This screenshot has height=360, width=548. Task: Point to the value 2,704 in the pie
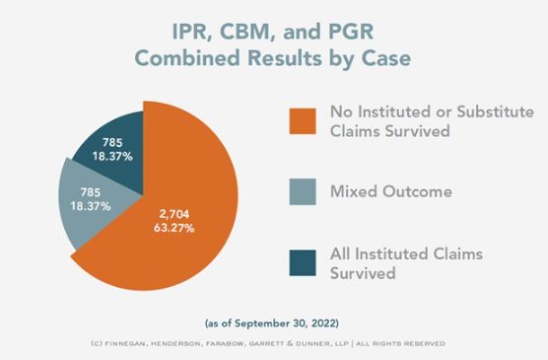174,214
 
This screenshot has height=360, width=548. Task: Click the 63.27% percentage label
174,228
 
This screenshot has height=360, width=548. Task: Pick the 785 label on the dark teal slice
112,142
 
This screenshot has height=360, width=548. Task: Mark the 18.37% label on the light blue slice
91,206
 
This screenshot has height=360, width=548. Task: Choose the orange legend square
303,121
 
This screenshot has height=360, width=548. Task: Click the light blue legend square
303,191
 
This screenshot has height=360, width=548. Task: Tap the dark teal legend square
303,262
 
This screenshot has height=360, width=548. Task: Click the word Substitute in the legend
495,111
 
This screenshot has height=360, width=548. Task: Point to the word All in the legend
341,253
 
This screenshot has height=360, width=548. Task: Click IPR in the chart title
191,32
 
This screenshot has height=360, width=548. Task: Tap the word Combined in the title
187,58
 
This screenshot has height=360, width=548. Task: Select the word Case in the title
385,58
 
